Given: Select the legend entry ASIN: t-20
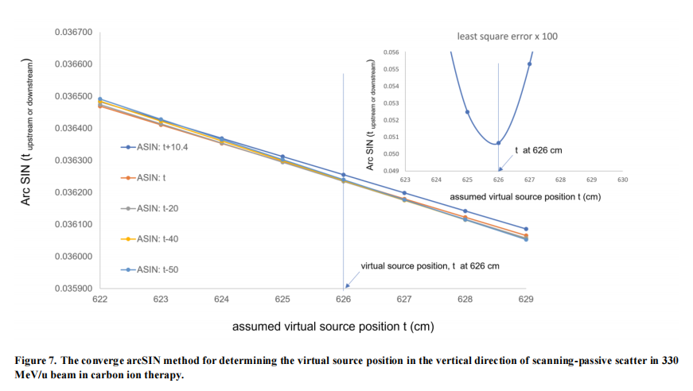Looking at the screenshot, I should point(151,208).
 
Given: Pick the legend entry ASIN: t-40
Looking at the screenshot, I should point(151,238).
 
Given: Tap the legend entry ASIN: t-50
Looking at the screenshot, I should point(151,269).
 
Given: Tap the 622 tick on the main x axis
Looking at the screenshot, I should point(100,300).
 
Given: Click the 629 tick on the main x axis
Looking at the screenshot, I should point(526,300).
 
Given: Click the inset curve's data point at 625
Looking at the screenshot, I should point(468,112).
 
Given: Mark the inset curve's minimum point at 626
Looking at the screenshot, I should point(499,143).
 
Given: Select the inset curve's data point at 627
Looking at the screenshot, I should point(530,64).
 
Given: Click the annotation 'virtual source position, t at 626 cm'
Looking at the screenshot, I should point(430,265).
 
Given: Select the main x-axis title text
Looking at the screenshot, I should point(333,327).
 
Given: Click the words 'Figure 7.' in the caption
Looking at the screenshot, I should point(39,361).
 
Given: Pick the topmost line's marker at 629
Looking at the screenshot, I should point(526,229).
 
